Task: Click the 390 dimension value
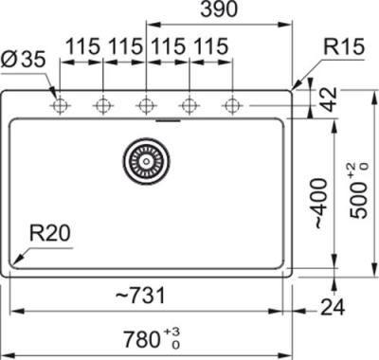coord(219,9)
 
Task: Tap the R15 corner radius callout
coord(344,46)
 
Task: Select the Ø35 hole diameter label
coord(23,60)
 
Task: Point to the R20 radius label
coord(49,233)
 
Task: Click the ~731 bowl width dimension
coord(140,296)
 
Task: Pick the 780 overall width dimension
coord(141,339)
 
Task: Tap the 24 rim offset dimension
coord(333,307)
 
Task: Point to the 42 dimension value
coord(330,99)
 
